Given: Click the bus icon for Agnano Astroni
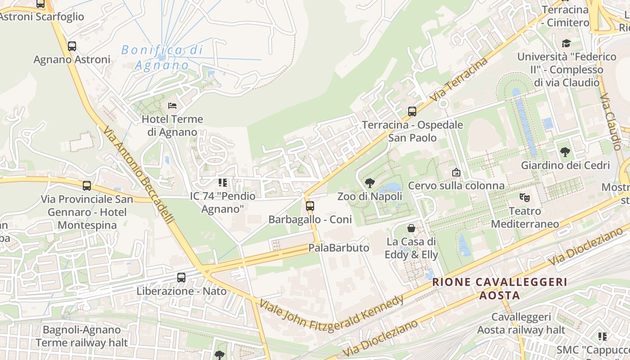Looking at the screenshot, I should click(72, 46).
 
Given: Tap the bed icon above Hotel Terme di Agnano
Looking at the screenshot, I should click(172, 106).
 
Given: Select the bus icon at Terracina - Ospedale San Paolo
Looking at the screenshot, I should click(412, 111).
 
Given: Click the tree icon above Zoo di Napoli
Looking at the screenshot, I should click(370, 183).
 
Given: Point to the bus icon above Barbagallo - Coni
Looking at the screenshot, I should click(310, 206).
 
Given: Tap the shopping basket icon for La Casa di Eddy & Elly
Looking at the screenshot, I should click(411, 228).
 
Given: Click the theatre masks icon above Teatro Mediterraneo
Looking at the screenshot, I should click(524, 197).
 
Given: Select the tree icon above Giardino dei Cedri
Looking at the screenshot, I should click(565, 152).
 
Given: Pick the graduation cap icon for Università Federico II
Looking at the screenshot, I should click(566, 43).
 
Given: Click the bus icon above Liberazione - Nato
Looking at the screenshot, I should click(181, 278).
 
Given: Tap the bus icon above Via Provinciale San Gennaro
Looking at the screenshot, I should click(87, 185).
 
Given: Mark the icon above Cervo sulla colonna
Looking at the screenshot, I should click(456, 172).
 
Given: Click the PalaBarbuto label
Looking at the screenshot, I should click(338, 248).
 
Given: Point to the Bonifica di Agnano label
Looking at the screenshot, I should click(162, 57).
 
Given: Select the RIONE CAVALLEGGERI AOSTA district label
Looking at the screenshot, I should click(499, 288).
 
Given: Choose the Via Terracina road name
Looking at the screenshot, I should click(459, 79).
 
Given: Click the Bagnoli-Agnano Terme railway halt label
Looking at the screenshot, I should click(82, 336).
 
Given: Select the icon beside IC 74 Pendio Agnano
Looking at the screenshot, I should click(223, 183).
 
